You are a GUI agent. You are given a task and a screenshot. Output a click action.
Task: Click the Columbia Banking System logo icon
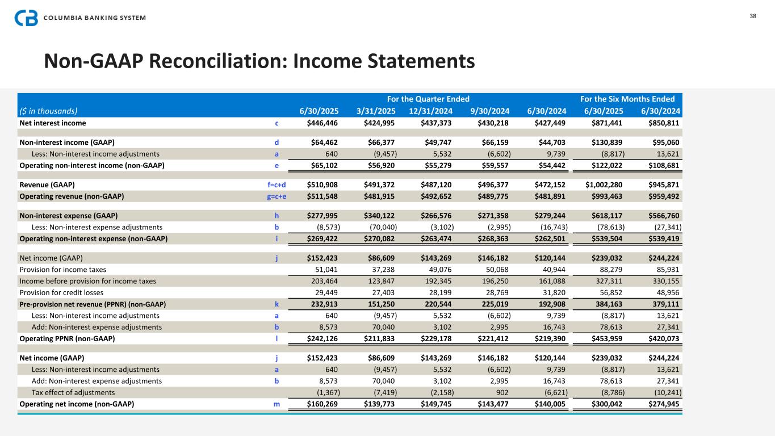pyautogui.click(x=26, y=18)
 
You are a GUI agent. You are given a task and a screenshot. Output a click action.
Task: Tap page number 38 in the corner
pyautogui.click(x=753, y=16)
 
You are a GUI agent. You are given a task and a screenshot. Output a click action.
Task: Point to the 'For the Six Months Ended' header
pyautogui.click(x=627, y=99)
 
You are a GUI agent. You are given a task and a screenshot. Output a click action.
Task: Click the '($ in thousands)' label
pyautogui.click(x=48, y=111)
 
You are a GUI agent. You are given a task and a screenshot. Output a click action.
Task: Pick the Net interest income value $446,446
pyautogui.click(x=322, y=123)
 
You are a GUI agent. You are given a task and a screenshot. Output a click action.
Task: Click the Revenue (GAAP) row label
pyautogui.click(x=47, y=185)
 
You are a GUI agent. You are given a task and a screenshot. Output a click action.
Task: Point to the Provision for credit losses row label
pyautogui.click(x=61, y=292)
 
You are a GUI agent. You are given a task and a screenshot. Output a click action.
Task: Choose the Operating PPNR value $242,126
pyautogui.click(x=322, y=339)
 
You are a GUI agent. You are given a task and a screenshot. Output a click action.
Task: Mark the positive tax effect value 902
pyautogui.click(x=502, y=392)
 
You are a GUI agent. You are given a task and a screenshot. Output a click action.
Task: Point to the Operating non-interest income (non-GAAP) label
pyautogui.click(x=92, y=165)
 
